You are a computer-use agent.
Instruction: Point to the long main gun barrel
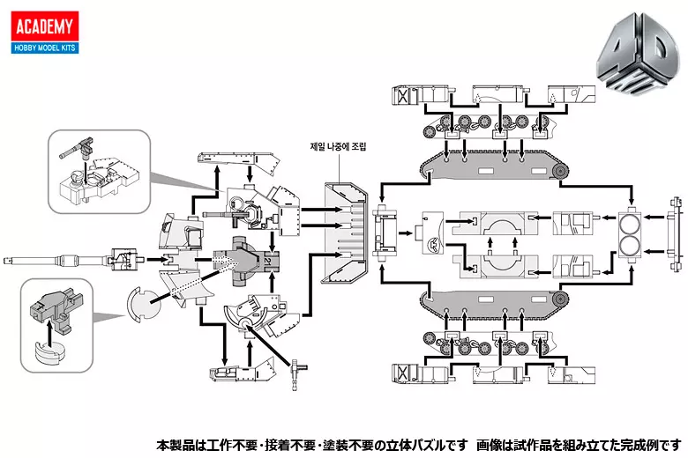click(x=53, y=259)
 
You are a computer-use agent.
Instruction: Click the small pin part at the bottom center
click(x=300, y=363)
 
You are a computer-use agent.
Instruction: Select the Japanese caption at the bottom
click(x=420, y=443)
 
